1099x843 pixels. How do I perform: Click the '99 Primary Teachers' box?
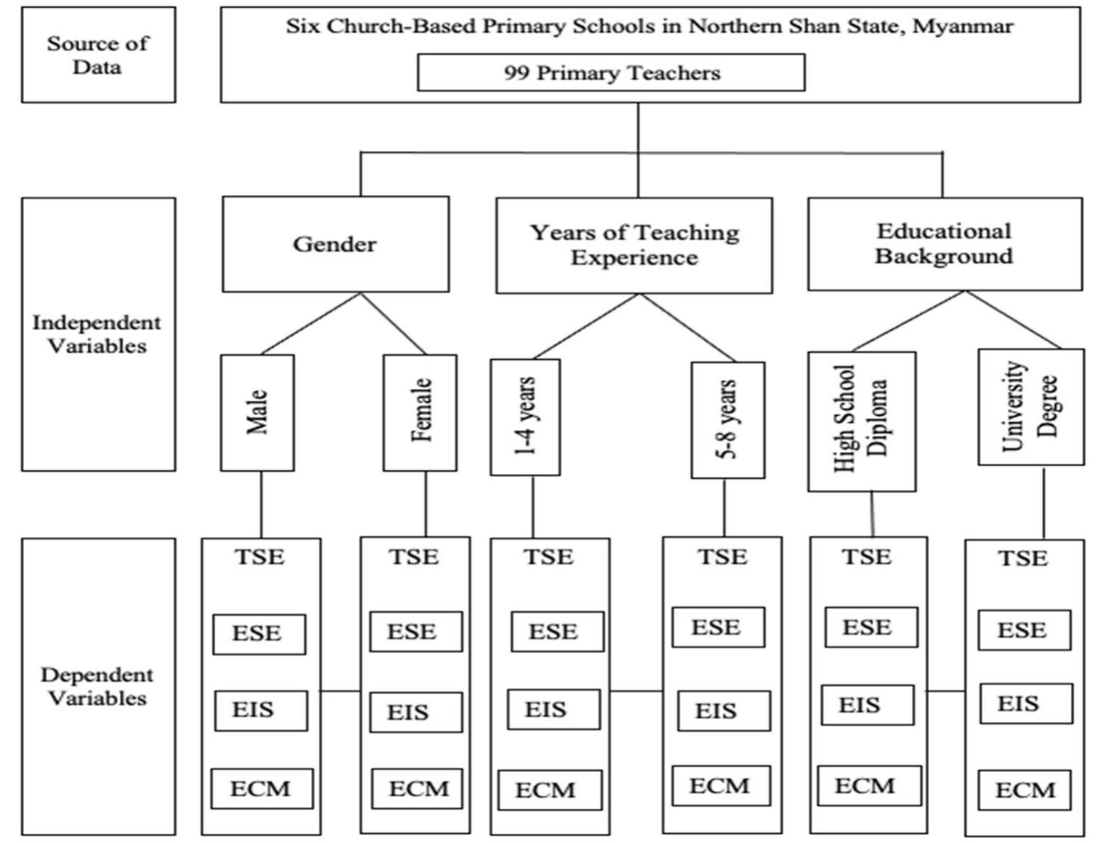(611, 73)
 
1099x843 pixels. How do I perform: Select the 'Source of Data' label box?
(98, 55)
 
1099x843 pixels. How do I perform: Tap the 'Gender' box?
(335, 244)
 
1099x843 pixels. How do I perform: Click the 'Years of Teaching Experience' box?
(634, 245)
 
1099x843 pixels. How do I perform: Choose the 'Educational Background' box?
(945, 244)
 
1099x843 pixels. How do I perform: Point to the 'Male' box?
(257, 413)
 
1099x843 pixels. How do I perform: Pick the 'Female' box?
(420, 413)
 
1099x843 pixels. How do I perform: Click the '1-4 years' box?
(525, 417)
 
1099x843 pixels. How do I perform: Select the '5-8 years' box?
(727, 420)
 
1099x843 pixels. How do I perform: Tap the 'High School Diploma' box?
(862, 421)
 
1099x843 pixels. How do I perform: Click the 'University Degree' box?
(1030, 407)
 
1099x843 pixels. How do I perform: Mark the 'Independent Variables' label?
(97, 334)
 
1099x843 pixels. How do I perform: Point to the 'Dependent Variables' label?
(97, 686)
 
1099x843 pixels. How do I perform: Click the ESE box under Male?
(259, 634)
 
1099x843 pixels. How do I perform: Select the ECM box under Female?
(417, 788)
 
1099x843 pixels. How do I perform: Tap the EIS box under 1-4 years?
(553, 710)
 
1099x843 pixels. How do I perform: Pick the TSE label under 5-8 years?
(722, 558)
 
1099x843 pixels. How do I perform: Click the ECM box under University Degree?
(1024, 791)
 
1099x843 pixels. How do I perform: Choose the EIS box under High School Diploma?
(867, 706)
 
